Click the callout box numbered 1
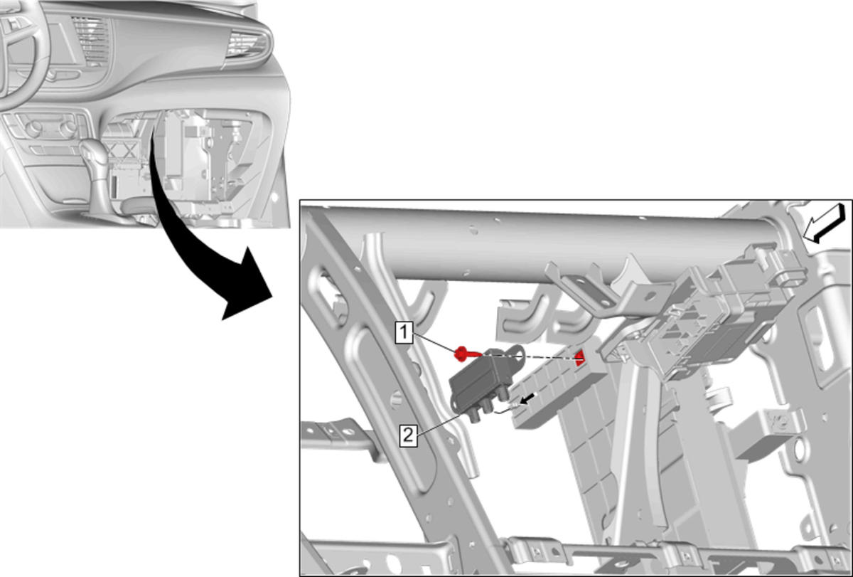coord(404,332)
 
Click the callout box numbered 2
coord(408,435)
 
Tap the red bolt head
coord(461,354)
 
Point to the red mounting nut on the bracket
coord(579,359)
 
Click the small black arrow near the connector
coord(527,400)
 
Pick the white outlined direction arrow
coord(824,223)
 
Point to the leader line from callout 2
coord(438,425)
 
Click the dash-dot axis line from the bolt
coord(530,356)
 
